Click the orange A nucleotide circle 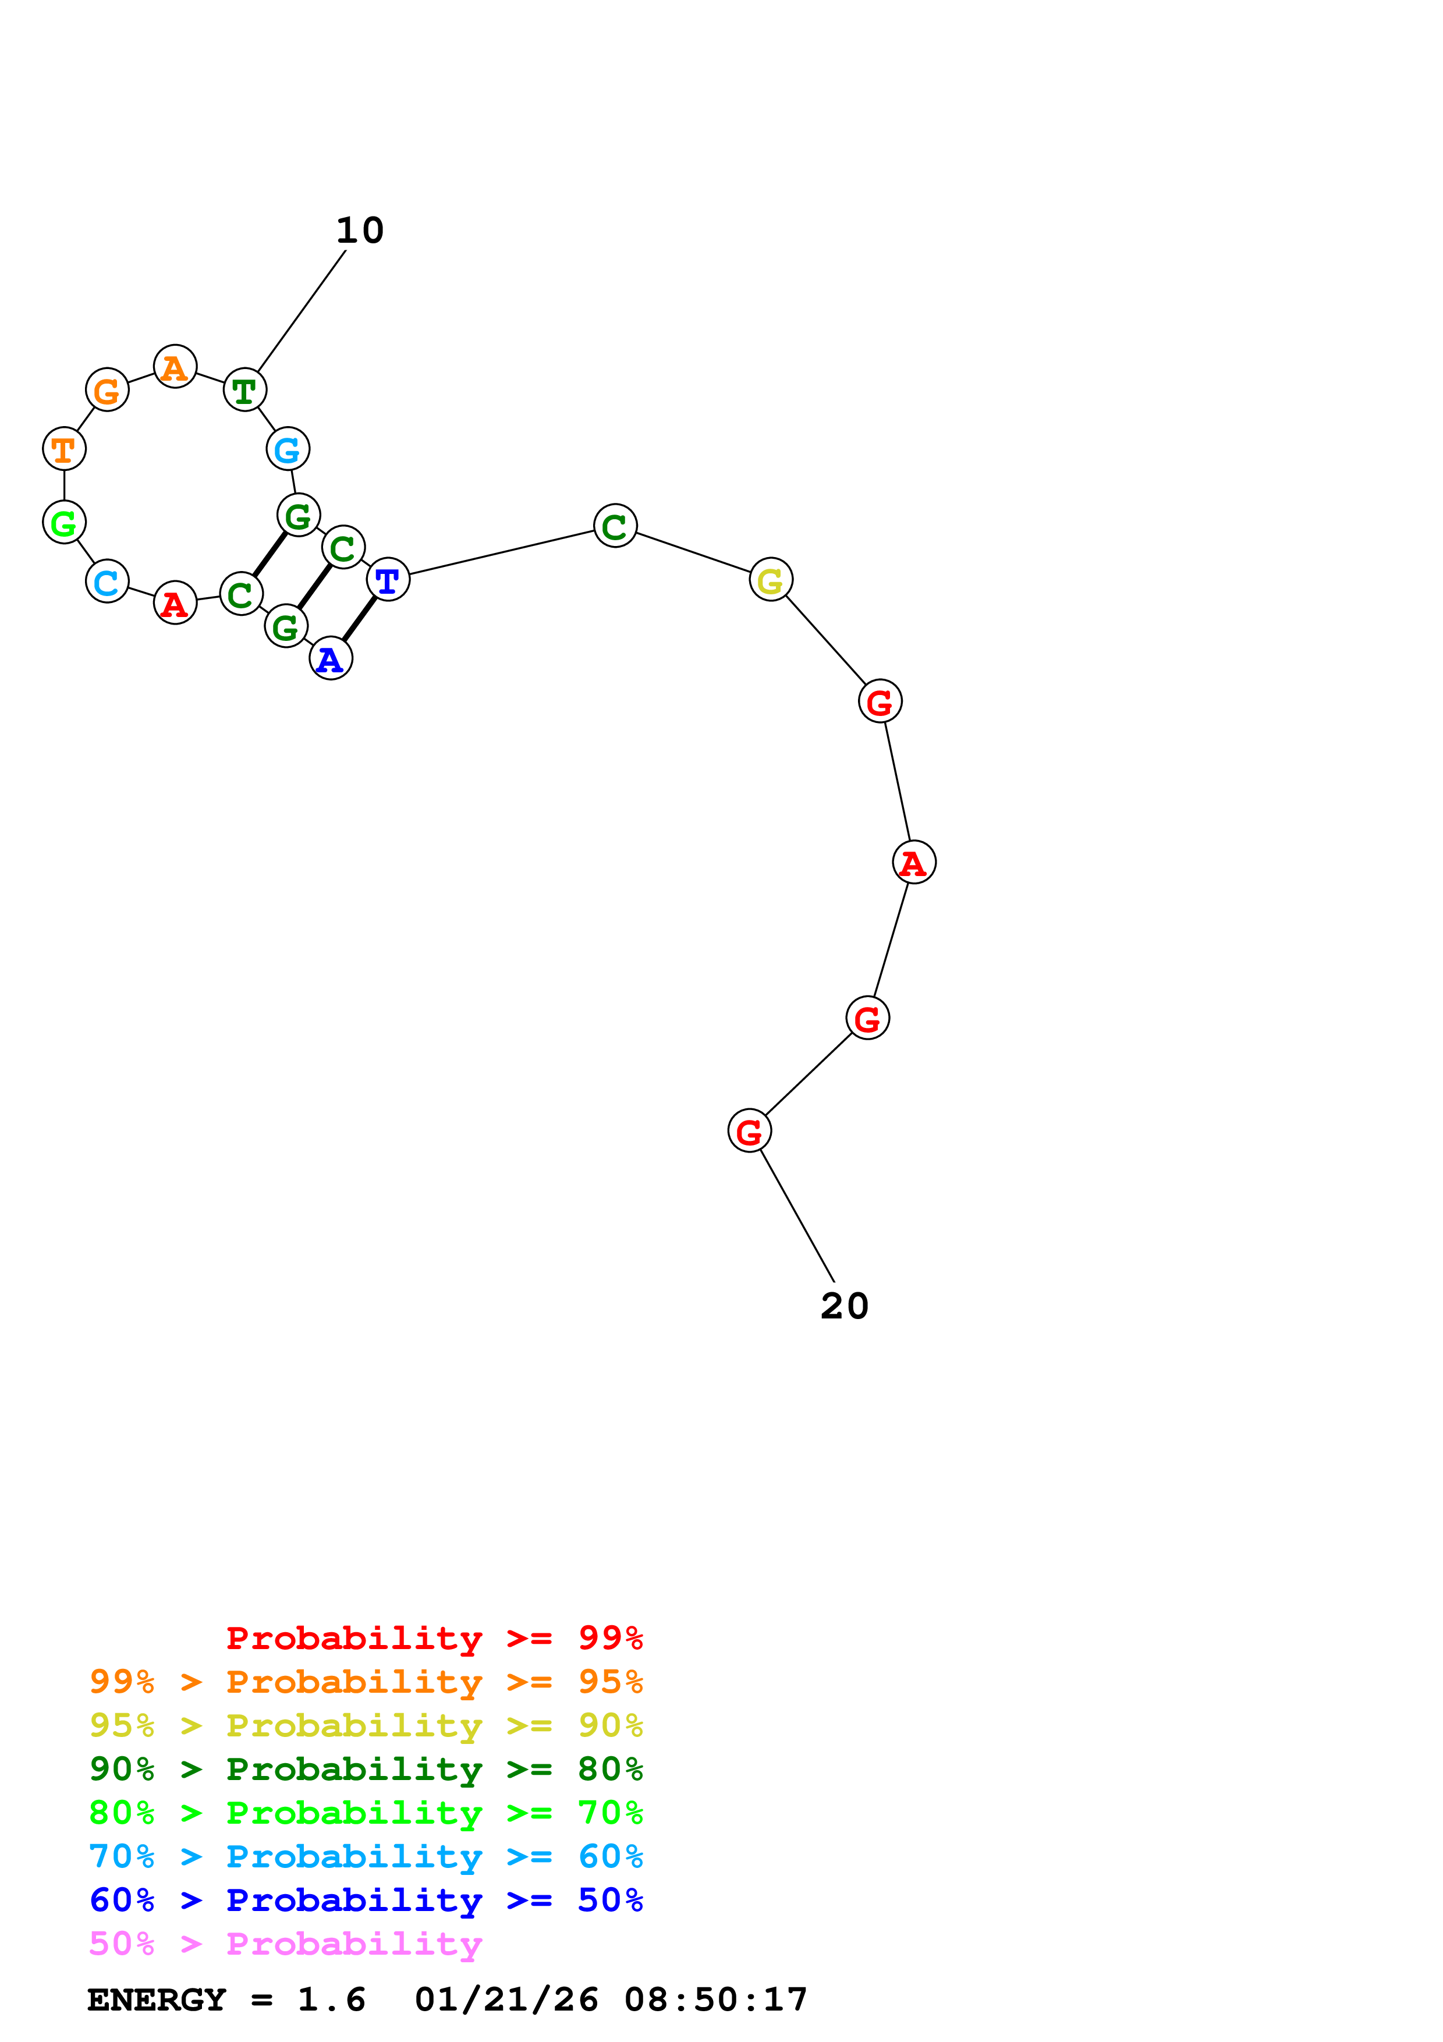pyautogui.click(x=175, y=366)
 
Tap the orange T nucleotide pyautogui.click(x=64, y=449)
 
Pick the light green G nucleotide pyautogui.click(x=64, y=522)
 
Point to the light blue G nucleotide pyautogui.click(x=288, y=449)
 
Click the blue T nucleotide pyautogui.click(x=388, y=580)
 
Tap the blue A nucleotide pyautogui.click(x=331, y=658)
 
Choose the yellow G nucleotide pyautogui.click(x=771, y=580)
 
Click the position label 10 pyautogui.click(x=360, y=231)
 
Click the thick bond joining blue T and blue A pyautogui.click(x=359, y=619)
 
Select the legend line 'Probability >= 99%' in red pyautogui.click(x=434, y=1638)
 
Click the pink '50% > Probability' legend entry pyautogui.click(x=285, y=1944)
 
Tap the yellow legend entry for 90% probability pyautogui.click(x=366, y=1725)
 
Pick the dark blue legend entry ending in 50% pyautogui.click(x=366, y=1900)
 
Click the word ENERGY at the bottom pyautogui.click(x=157, y=2000)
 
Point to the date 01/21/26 pyautogui.click(x=506, y=2000)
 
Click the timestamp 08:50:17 pyautogui.click(x=716, y=2000)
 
